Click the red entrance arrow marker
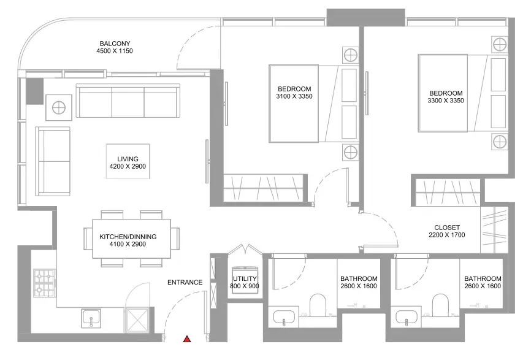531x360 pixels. tap(187, 339)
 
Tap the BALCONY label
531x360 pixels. tap(115, 44)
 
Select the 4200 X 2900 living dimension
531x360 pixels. tap(128, 166)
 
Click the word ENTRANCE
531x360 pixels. tap(185, 283)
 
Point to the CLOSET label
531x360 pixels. tap(447, 228)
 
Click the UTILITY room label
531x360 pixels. tap(245, 278)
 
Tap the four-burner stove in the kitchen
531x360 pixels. tap(45, 283)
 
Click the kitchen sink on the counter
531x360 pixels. tap(91, 318)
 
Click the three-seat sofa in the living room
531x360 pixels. tap(128, 101)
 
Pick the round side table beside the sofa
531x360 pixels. tap(59, 108)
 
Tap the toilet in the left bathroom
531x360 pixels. tap(318, 305)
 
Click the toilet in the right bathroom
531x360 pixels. tap(441, 305)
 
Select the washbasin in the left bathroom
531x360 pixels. tap(284, 317)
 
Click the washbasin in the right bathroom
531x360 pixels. tap(407, 317)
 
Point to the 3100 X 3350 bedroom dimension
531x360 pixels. tap(294, 96)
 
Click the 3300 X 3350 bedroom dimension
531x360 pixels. tap(446, 101)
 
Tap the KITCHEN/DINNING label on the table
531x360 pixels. tap(128, 237)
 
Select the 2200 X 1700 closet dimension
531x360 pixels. tap(447, 235)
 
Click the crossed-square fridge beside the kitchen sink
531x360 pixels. tap(137, 319)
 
